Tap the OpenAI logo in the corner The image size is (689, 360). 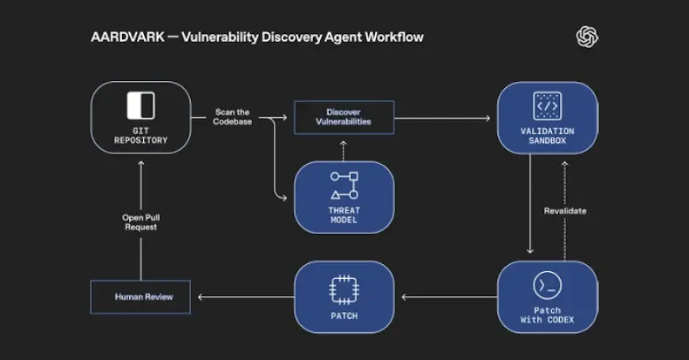point(587,37)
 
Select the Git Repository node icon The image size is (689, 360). point(140,105)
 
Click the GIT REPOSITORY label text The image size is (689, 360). point(140,135)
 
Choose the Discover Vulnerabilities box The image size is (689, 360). point(344,117)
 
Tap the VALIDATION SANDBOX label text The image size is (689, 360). point(547,137)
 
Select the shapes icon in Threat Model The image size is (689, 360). point(344,186)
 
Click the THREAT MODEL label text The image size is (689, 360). point(344,214)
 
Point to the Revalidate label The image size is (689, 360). point(564,211)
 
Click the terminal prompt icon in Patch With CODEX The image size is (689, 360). point(547,285)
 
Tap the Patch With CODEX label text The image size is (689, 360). point(547,316)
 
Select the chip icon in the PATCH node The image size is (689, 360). point(344,289)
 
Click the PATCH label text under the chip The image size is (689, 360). point(344,316)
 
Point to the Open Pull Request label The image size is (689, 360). point(140,221)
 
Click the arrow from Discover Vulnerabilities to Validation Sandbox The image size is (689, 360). point(445,117)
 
